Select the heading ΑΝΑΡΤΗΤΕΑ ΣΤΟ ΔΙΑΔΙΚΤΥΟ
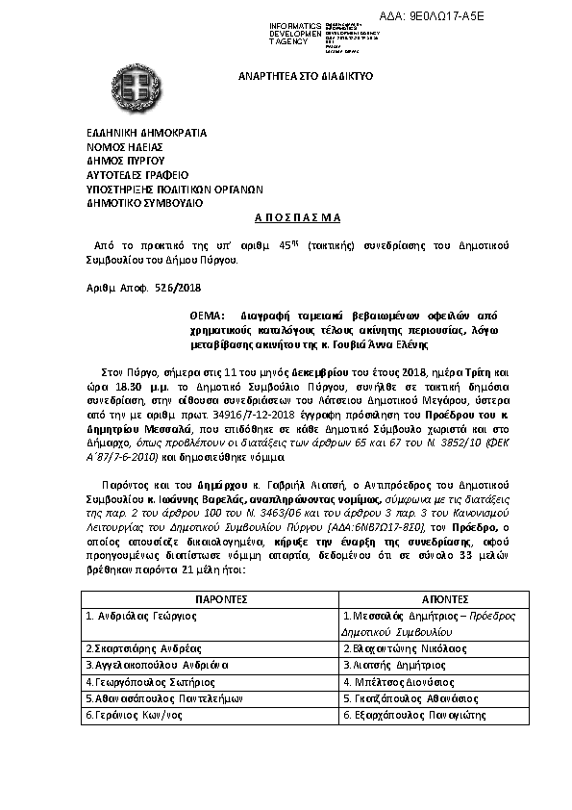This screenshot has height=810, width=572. pyautogui.click(x=306, y=75)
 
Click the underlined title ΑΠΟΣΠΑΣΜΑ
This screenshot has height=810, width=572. pyautogui.click(x=286, y=219)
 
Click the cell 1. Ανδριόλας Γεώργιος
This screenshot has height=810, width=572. pyautogui.click(x=133, y=615)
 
